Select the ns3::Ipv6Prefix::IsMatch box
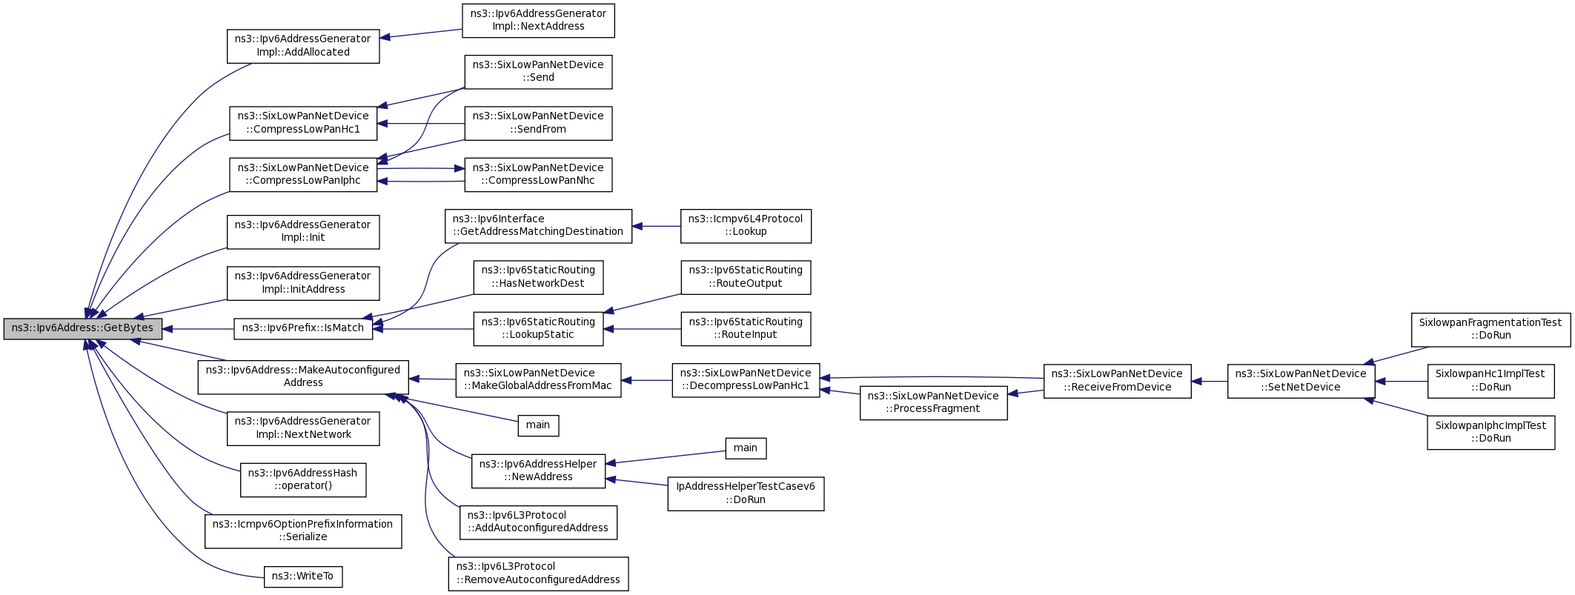click(303, 329)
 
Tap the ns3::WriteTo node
click(303, 576)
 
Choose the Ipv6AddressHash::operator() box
click(303, 480)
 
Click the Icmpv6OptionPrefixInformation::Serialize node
click(303, 531)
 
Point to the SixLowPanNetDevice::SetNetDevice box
click(1301, 381)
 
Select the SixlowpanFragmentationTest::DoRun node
click(1491, 330)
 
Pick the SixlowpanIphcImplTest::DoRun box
click(1491, 432)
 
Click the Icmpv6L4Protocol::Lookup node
click(746, 226)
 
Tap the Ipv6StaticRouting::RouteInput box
click(746, 329)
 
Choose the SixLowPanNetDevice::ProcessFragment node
click(933, 403)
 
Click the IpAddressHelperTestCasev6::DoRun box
click(746, 493)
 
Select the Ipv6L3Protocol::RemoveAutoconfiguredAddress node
click(538, 574)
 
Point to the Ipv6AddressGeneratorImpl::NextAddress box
click(538, 21)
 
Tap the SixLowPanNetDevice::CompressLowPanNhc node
click(538, 175)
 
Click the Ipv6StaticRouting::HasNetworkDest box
click(538, 277)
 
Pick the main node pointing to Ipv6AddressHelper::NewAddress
click(746, 448)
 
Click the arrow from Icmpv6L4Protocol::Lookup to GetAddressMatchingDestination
click(657, 226)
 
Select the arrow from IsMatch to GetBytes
click(198, 329)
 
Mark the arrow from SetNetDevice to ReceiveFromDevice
click(1210, 382)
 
